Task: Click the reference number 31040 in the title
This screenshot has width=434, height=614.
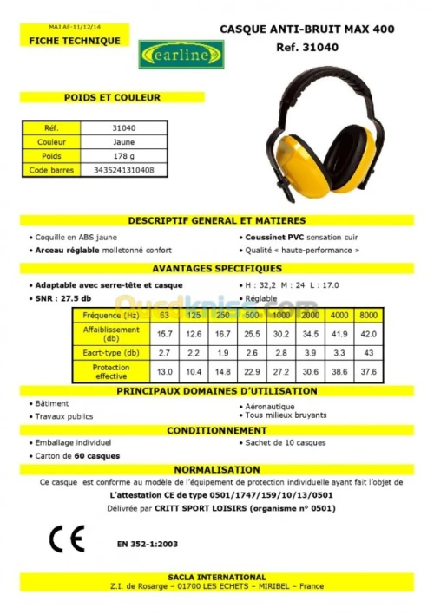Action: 352,49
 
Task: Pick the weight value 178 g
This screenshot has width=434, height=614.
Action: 123,156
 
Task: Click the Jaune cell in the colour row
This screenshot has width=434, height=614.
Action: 124,142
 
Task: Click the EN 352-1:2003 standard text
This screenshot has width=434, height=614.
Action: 146,544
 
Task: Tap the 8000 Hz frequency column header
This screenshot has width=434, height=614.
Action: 368,315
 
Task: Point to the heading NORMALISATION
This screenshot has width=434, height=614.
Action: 216,468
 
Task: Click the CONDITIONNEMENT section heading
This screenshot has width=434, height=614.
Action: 216,430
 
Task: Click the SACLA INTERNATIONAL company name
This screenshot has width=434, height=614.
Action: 216,577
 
